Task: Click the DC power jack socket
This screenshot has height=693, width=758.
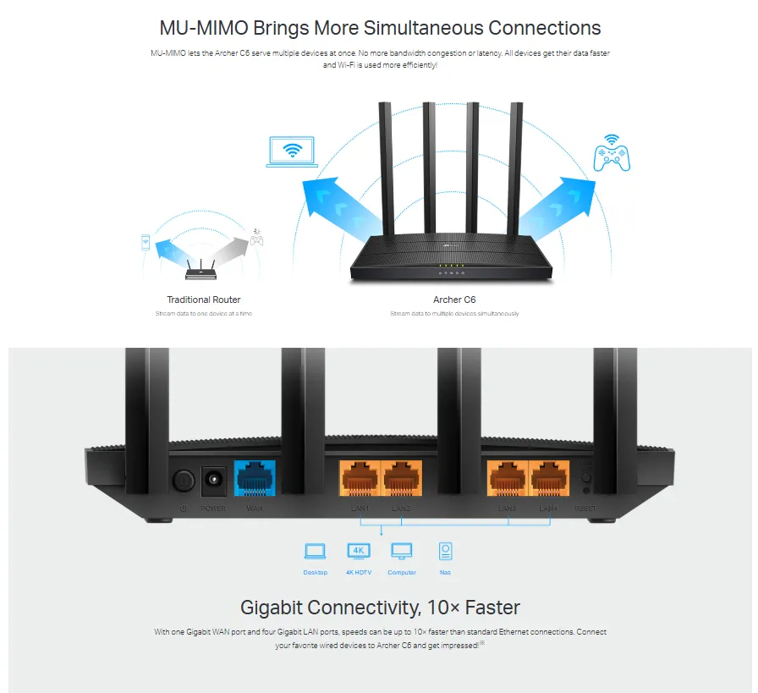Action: (212, 481)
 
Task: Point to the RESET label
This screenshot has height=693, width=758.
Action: (585, 508)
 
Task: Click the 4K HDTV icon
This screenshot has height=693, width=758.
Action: (359, 551)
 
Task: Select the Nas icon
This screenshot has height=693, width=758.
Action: (445, 552)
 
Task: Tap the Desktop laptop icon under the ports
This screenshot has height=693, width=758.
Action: (315, 552)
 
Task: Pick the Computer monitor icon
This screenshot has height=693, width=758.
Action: (402, 552)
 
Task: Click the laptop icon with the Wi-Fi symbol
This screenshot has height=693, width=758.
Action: (293, 151)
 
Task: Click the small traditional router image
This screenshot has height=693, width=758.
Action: (201, 268)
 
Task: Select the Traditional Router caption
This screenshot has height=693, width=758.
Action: (203, 300)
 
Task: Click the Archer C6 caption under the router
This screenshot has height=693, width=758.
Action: (454, 300)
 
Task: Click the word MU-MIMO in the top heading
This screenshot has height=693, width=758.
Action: (201, 27)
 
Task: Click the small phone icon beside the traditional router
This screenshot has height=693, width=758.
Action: (146, 243)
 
